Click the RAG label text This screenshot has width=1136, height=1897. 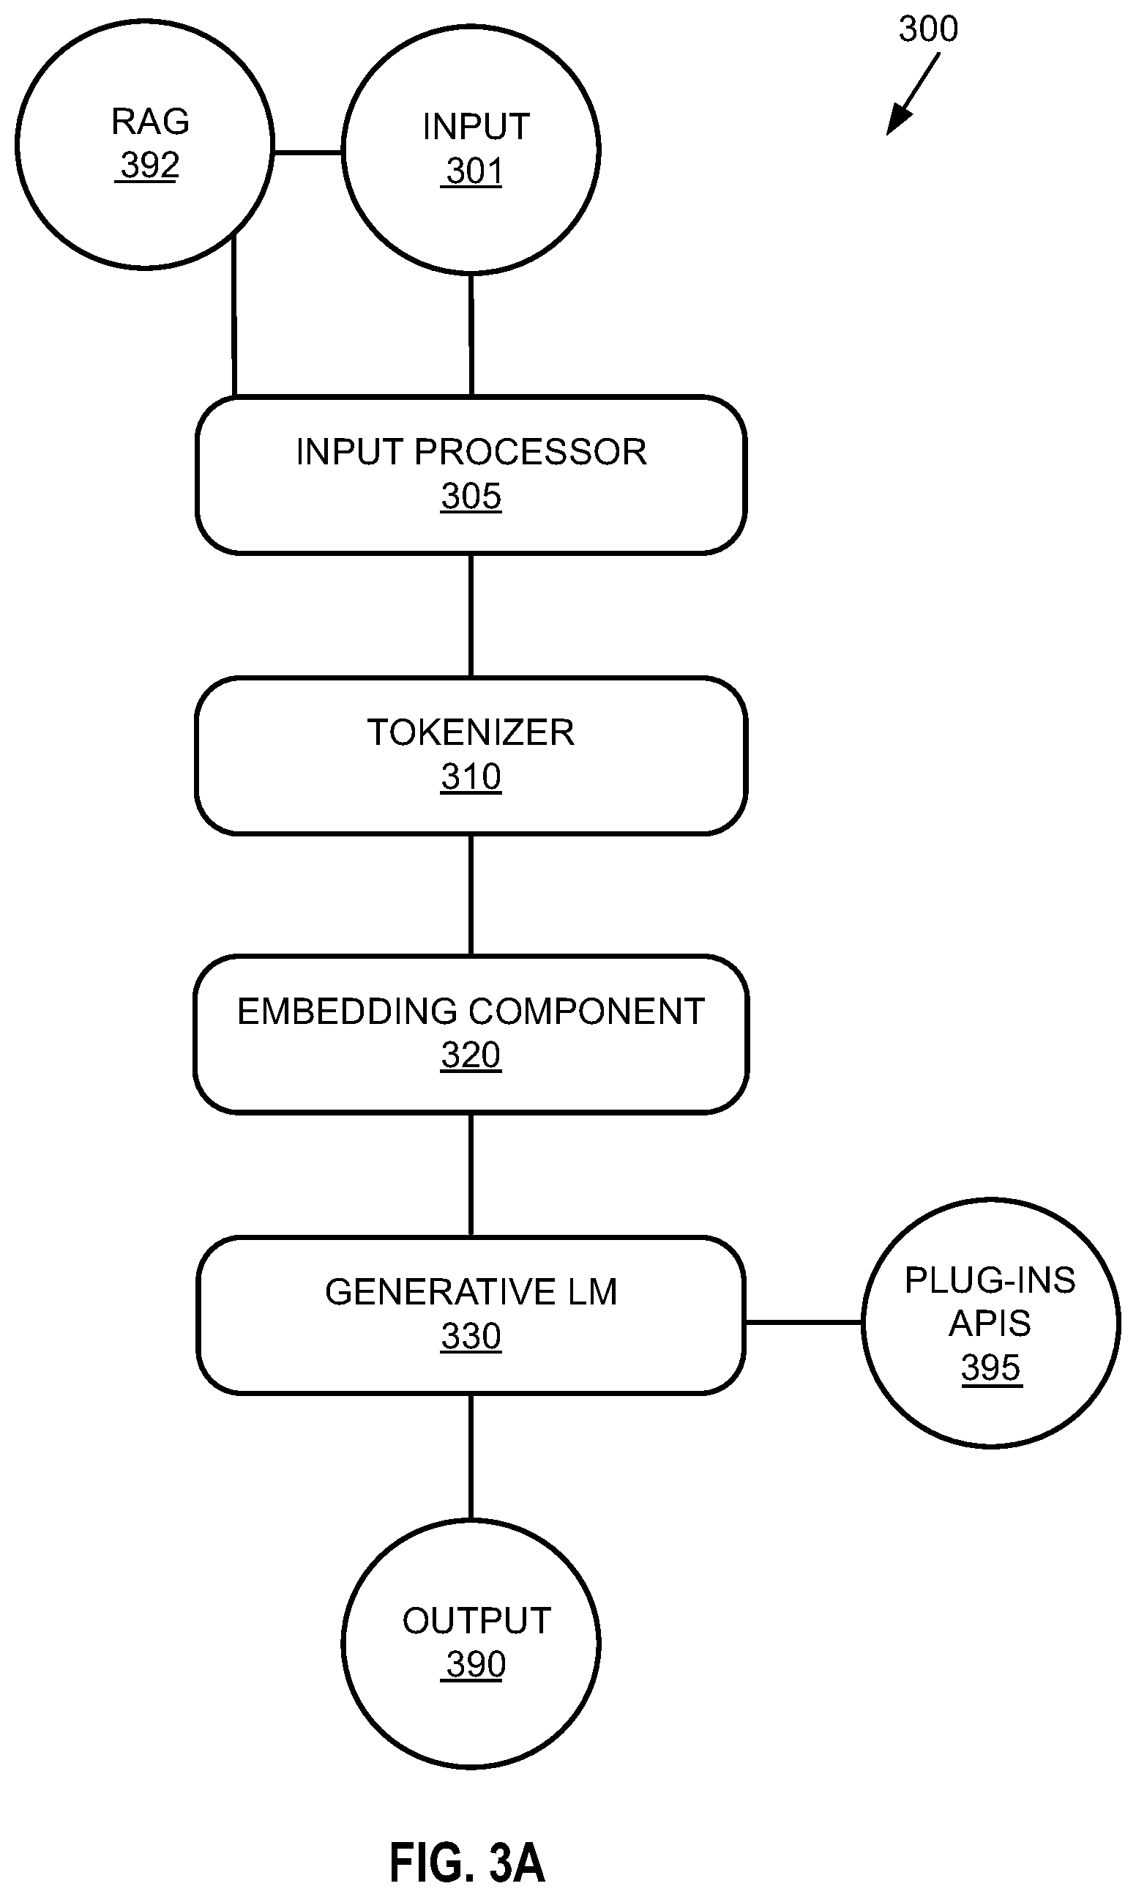(150, 121)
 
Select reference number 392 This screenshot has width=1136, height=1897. (150, 165)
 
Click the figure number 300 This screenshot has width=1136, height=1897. (928, 29)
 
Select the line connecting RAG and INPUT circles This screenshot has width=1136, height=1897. (307, 152)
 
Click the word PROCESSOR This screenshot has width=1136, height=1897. (531, 452)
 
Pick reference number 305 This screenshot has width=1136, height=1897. (471, 497)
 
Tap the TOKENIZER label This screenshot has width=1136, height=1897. (471, 732)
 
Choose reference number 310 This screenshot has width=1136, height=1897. (471, 776)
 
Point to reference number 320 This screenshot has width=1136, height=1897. (471, 1055)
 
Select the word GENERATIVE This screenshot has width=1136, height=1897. (441, 1292)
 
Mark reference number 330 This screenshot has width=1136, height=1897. (471, 1336)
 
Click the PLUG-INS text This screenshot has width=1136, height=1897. (990, 1280)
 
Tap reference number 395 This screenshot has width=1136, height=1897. (991, 1367)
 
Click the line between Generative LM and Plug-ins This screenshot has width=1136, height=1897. (804, 1322)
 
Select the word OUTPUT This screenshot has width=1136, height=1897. (477, 1621)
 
